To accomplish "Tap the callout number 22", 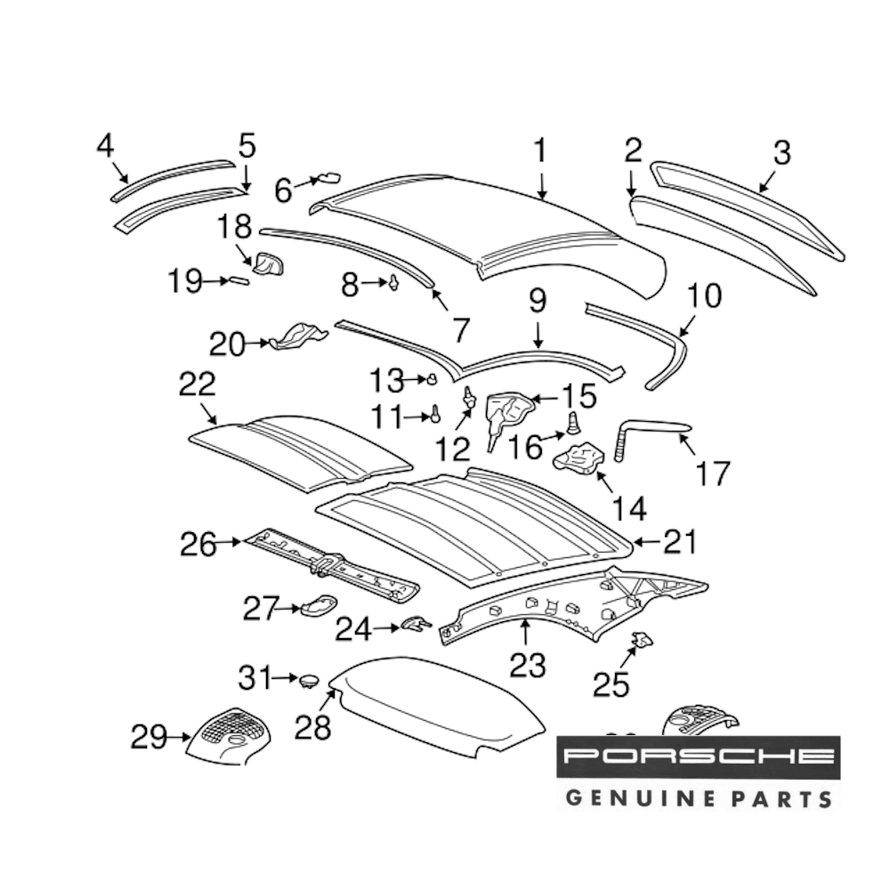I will coord(197,384).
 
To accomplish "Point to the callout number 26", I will coord(198,544).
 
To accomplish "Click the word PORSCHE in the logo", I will coord(698,756).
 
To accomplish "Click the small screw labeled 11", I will coord(436,413).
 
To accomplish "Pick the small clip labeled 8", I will coord(394,283).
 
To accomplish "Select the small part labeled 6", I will coord(329,177).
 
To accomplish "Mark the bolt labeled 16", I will coord(574,421).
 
